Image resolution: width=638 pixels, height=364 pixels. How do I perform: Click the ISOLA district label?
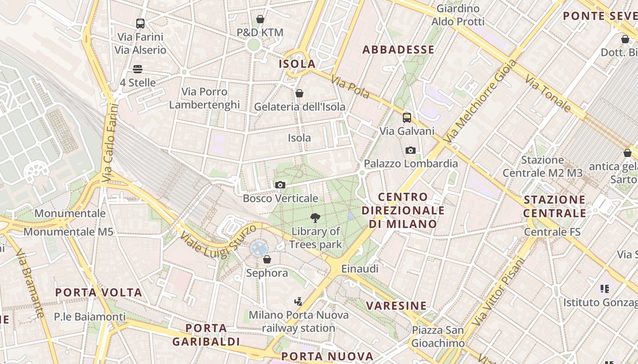point(297,64)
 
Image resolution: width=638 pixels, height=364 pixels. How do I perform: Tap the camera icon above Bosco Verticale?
point(280,185)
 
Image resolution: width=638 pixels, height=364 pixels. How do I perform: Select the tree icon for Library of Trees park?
point(315,218)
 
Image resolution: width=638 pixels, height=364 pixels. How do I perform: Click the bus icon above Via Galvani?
point(406,118)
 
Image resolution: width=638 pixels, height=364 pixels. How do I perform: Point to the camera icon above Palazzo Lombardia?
point(410,150)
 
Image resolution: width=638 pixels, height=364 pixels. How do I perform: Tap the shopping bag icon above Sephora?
point(267,259)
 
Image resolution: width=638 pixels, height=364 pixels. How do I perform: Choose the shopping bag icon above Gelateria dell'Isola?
point(299,93)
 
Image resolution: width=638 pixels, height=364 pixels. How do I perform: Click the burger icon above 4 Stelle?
point(138,69)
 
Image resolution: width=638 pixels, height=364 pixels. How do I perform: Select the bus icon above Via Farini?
point(140,23)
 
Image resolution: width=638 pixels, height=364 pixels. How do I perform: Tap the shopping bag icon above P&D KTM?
point(260,19)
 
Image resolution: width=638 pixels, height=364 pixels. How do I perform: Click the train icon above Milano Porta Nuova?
point(298,301)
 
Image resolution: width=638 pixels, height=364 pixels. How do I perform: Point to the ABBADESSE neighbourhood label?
point(398,50)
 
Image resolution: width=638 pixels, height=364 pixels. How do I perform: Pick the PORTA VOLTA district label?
point(99,292)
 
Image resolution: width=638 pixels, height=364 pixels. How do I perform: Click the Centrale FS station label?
point(552,232)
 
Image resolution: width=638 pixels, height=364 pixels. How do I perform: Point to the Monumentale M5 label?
point(68,232)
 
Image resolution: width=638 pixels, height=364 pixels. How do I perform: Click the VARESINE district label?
point(396,305)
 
